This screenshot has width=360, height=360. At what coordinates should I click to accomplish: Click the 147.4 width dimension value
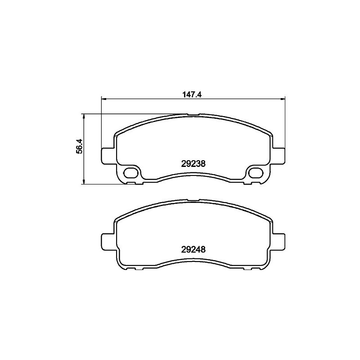(x=192, y=94)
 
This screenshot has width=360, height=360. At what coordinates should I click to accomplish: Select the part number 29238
(x=193, y=164)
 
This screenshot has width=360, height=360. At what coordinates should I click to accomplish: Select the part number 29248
(x=193, y=249)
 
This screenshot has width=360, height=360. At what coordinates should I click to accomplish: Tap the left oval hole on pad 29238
(x=131, y=173)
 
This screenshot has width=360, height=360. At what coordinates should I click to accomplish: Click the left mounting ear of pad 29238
(x=108, y=156)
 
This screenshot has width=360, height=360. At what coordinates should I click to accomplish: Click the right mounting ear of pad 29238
(x=279, y=156)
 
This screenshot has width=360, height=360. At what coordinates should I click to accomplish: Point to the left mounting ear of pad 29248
(x=108, y=242)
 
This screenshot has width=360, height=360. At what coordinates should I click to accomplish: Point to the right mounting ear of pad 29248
(x=279, y=242)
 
